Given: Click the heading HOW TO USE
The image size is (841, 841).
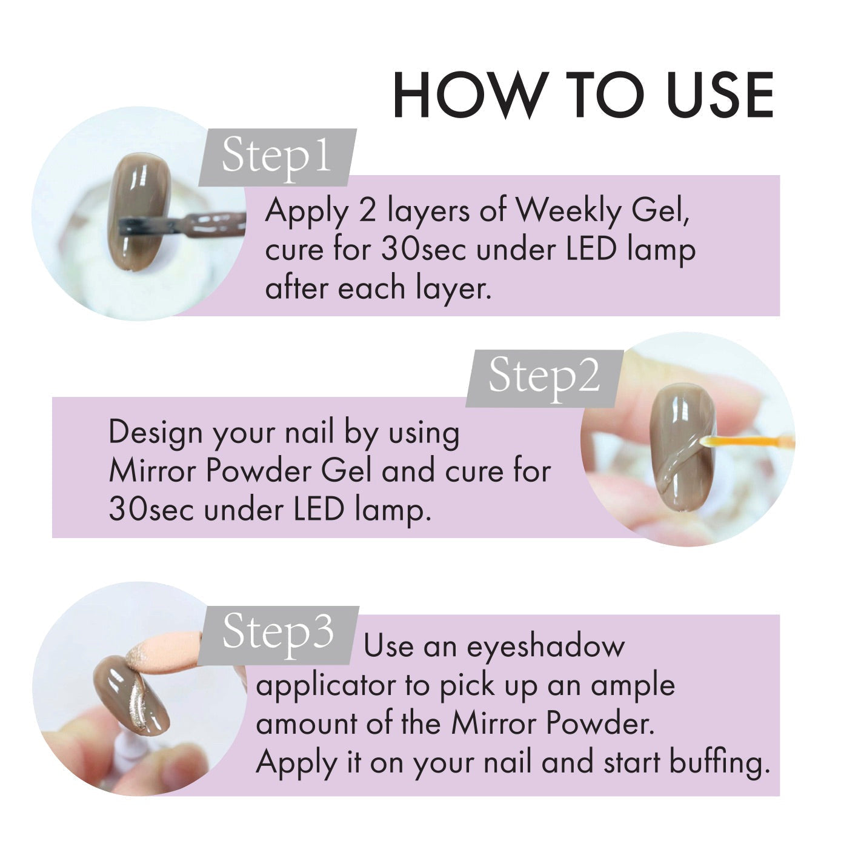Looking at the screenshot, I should [x=583, y=96].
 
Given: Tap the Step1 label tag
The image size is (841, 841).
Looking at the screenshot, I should [x=277, y=156].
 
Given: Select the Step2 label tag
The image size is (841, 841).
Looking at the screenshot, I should [x=544, y=376].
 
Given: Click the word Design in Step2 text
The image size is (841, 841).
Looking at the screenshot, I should [x=155, y=433].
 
